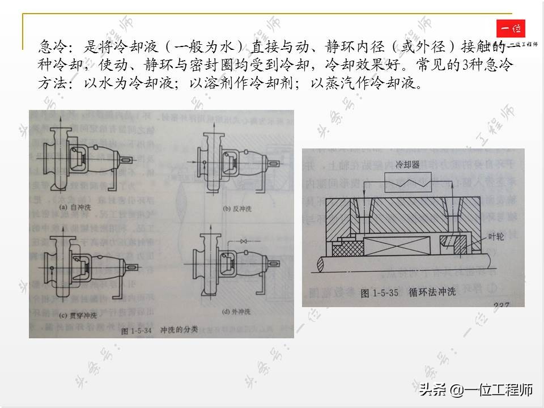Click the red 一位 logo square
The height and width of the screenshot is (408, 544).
[511, 29]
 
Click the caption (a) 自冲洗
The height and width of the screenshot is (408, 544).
[73, 208]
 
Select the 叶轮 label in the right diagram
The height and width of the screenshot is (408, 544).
[495, 237]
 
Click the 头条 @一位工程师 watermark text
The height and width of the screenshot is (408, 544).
[476, 390]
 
